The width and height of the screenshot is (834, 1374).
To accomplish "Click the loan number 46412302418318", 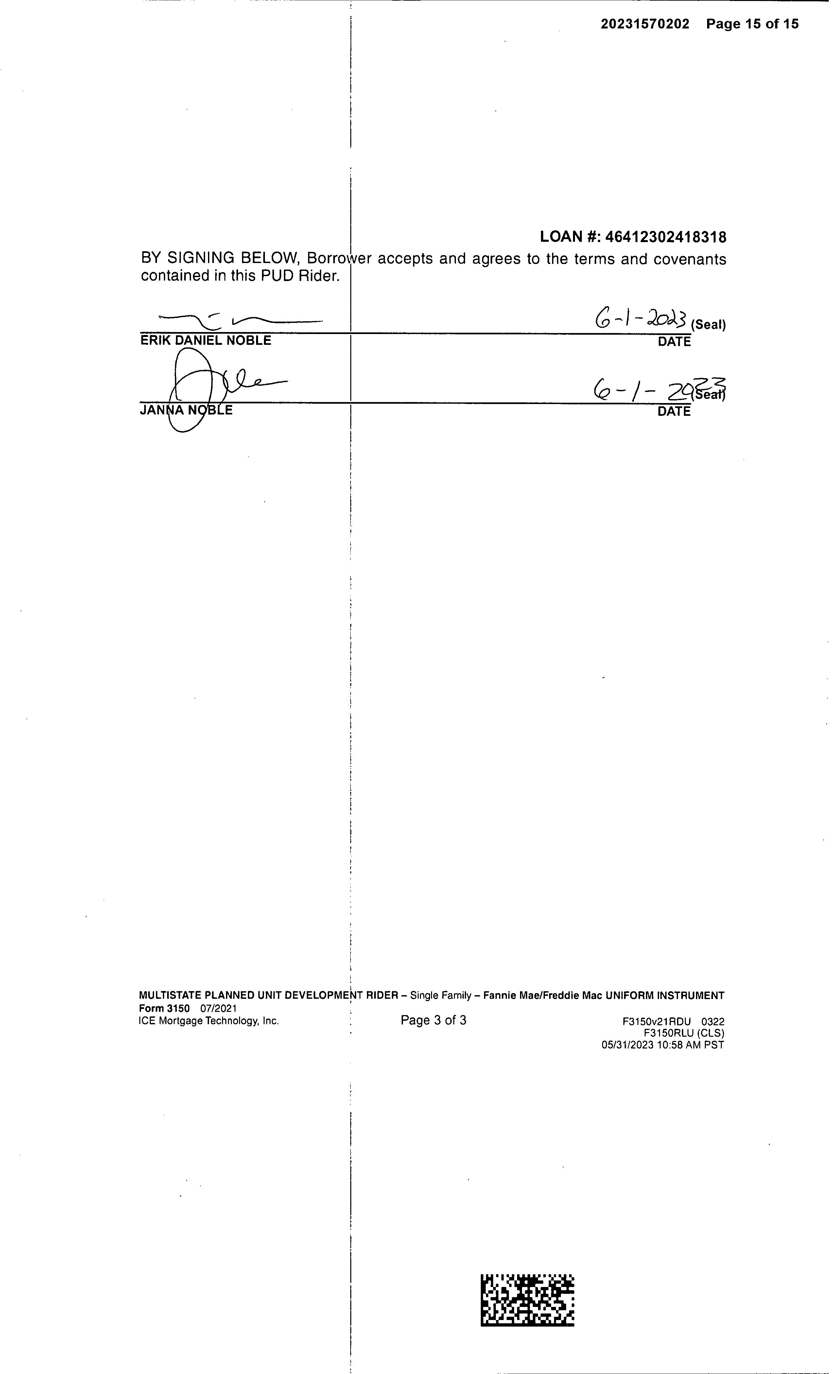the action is point(666,237).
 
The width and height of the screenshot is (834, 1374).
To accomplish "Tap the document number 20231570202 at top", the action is point(645,24).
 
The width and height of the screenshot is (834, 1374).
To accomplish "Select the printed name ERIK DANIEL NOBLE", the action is point(206,341).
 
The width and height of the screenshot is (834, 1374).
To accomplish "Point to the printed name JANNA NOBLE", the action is point(186,411).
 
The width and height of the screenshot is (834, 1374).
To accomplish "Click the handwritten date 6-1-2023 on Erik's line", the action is point(641,320).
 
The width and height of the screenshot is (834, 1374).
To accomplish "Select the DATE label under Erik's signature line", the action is point(674,342).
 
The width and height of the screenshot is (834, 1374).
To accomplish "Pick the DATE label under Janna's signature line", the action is point(674,412).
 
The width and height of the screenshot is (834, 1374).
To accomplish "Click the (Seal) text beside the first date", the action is point(708,325).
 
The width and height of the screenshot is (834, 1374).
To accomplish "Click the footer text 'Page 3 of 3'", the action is point(433,1020).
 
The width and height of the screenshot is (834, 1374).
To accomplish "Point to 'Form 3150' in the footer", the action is point(164,1008).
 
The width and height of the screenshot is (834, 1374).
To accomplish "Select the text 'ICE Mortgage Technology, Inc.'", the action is point(209,1021).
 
